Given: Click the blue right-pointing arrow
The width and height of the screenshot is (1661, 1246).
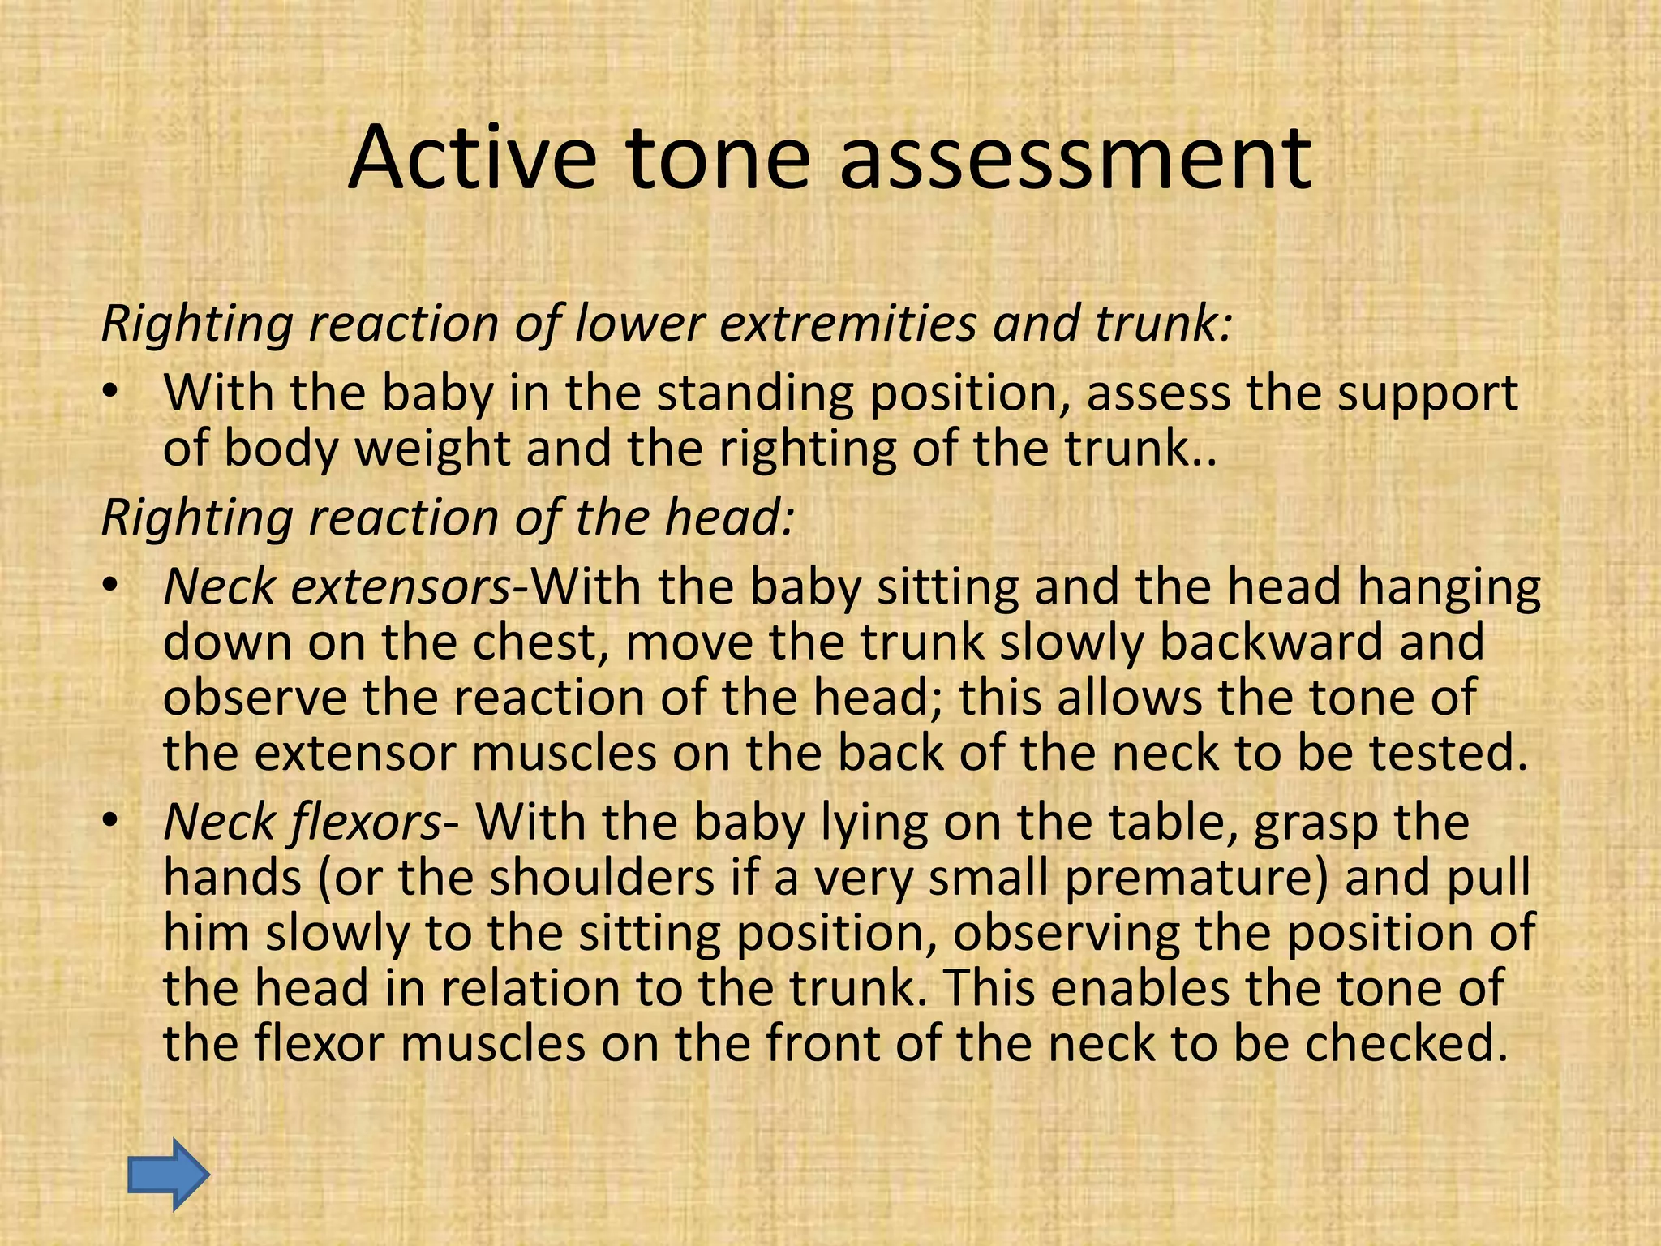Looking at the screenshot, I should (x=169, y=1175).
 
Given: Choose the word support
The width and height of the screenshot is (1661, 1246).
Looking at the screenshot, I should (x=1427, y=395).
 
